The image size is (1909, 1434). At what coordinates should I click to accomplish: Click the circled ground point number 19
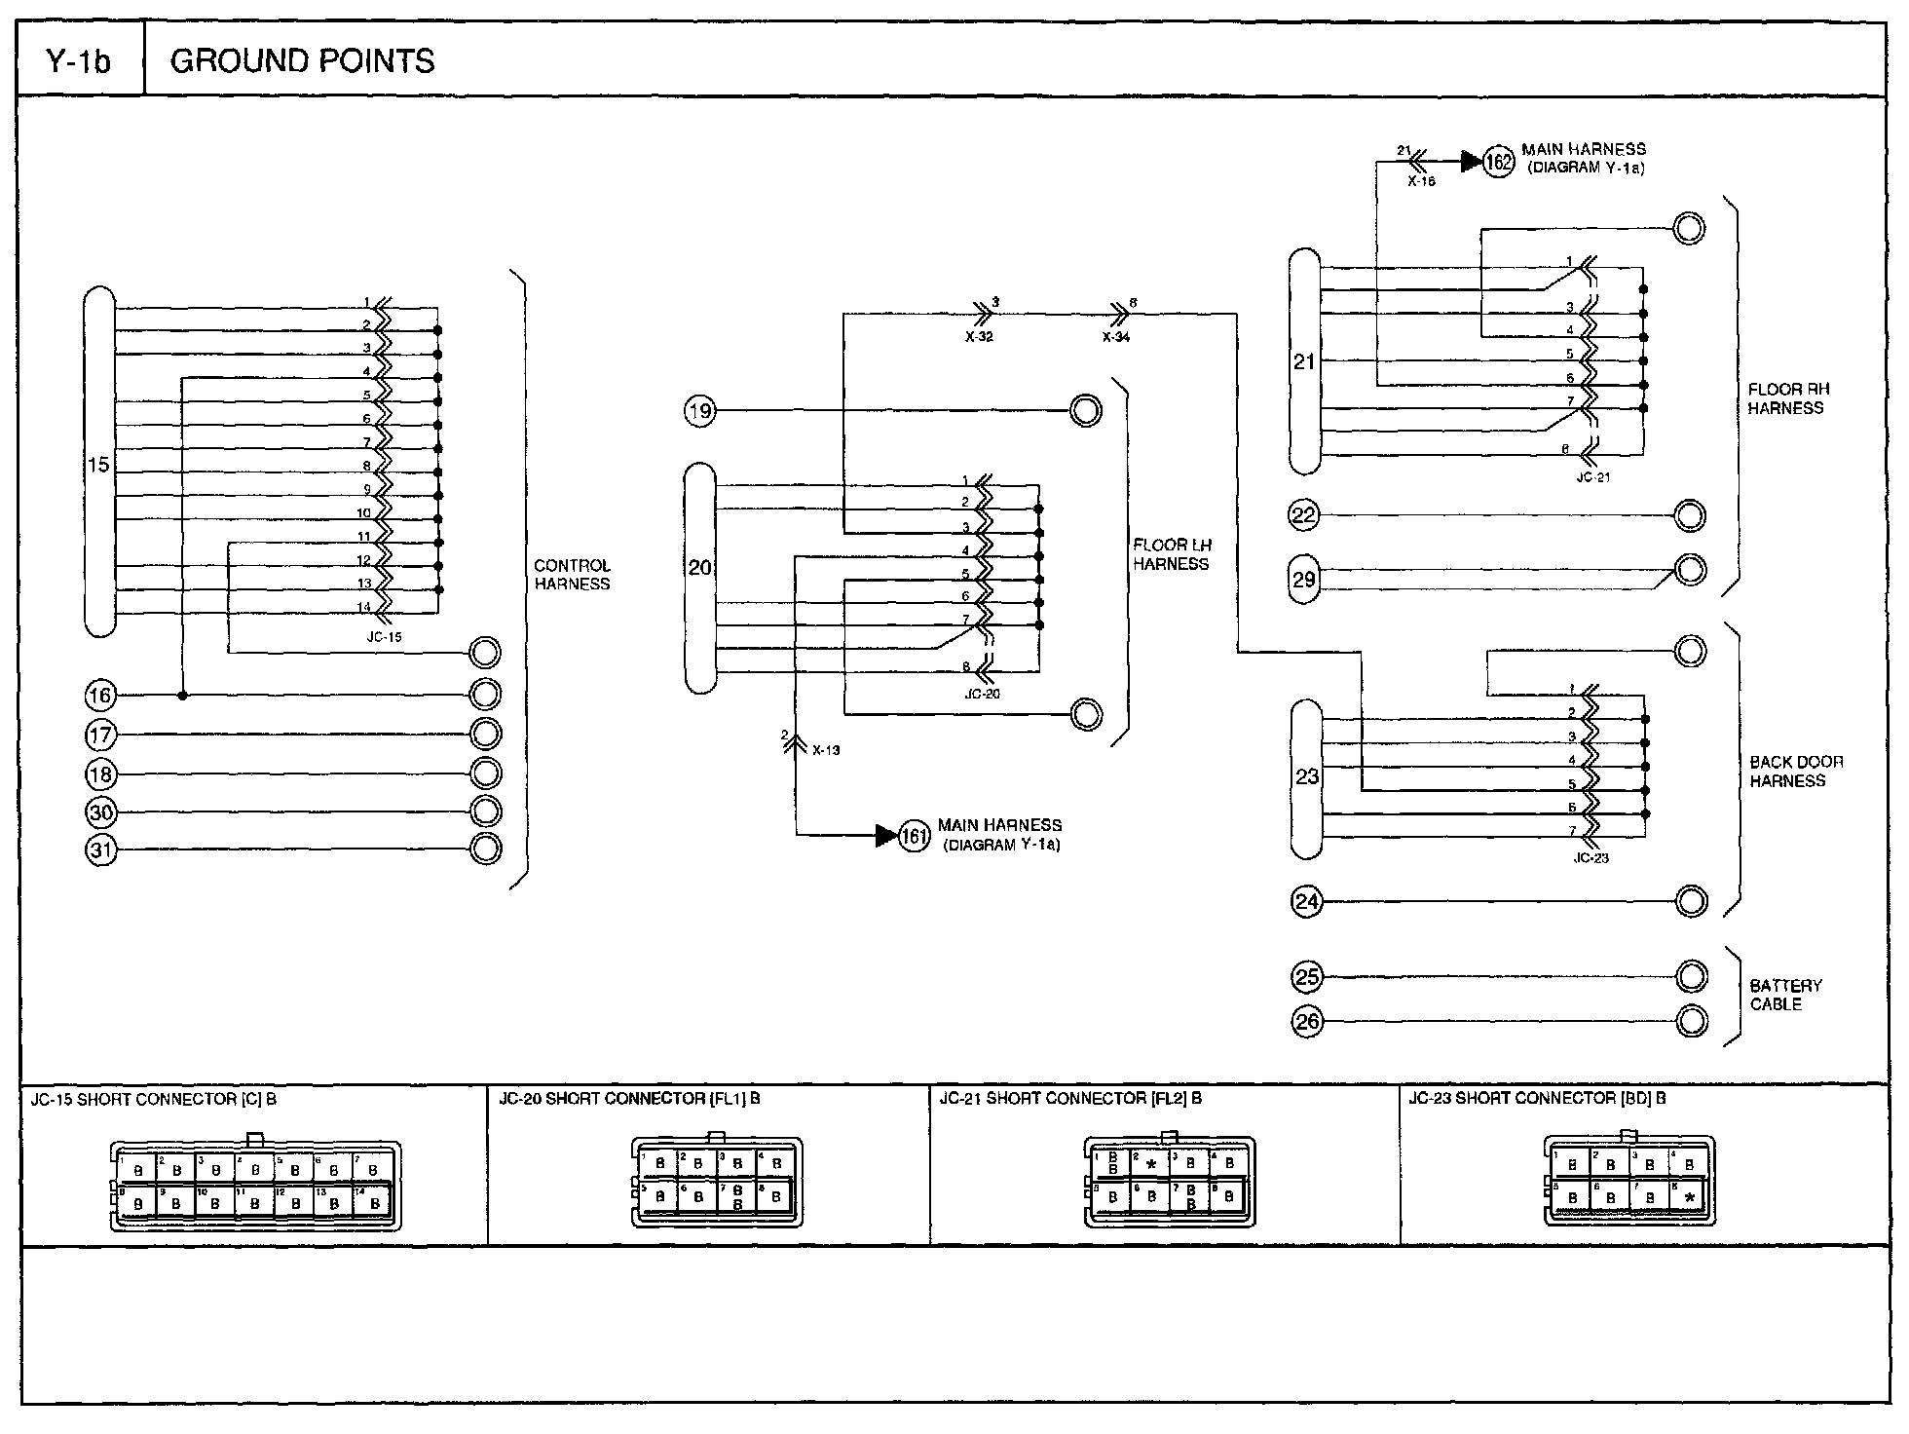click(699, 411)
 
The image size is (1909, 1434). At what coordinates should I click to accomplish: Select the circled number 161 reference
click(914, 836)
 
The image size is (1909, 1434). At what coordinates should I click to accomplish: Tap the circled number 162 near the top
click(1499, 162)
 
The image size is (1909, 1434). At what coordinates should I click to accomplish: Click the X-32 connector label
click(979, 337)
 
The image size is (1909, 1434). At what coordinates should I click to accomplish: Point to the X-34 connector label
click(1116, 337)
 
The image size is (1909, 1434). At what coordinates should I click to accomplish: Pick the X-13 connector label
click(825, 750)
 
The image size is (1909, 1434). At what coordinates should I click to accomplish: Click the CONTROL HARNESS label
click(572, 575)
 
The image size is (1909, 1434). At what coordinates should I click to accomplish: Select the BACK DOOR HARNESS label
click(1796, 772)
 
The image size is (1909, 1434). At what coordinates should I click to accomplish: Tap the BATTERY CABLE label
click(1785, 995)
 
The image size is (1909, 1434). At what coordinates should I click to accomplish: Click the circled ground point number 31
click(101, 850)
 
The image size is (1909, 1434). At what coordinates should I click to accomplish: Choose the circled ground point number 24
click(1306, 902)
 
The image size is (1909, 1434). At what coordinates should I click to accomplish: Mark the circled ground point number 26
click(1306, 1022)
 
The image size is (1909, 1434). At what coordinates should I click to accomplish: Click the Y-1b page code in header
click(79, 61)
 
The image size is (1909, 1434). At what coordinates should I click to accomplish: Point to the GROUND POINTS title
click(302, 61)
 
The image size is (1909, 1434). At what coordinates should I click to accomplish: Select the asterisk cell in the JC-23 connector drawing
click(1690, 1197)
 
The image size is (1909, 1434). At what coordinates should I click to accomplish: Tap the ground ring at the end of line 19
click(1085, 411)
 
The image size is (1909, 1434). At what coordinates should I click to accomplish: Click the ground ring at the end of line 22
click(1690, 515)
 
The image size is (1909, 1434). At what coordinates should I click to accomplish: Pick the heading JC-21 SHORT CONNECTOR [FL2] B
click(1069, 1099)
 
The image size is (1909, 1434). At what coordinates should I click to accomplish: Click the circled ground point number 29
click(1304, 580)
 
